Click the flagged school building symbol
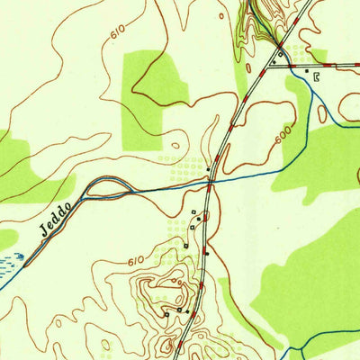(x=316, y=77)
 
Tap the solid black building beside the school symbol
(x=306, y=70)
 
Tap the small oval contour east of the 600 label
(x=321, y=114)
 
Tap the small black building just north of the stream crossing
(x=210, y=168)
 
